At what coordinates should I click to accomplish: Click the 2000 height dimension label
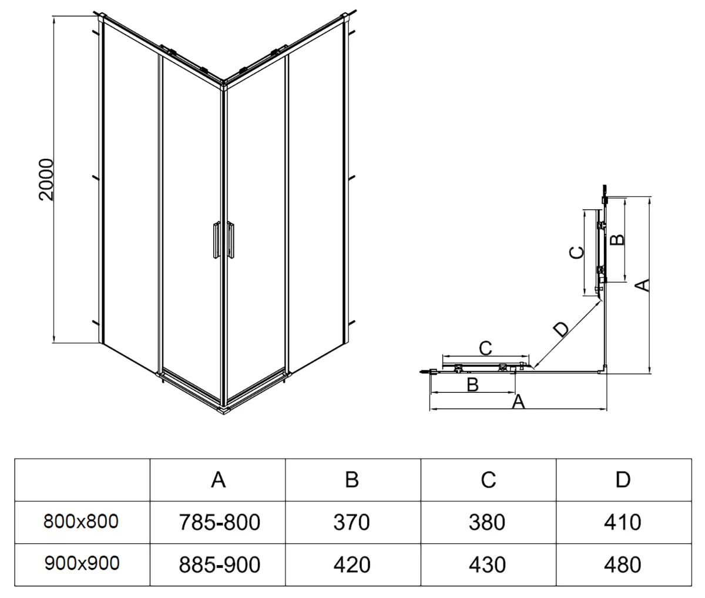click(46, 179)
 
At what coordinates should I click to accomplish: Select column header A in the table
click(218, 480)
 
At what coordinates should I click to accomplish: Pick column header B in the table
click(352, 480)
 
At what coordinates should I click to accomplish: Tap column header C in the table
click(488, 480)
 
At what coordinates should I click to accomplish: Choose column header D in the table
click(623, 480)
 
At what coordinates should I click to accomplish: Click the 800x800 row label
click(81, 521)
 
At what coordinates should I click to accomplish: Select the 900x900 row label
click(81, 563)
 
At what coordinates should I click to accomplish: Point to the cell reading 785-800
click(219, 522)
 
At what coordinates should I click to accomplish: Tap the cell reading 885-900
click(219, 564)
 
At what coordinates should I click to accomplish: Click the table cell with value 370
click(352, 522)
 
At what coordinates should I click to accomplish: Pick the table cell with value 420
click(352, 564)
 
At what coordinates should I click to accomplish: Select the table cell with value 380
click(488, 522)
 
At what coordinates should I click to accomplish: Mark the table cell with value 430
click(488, 564)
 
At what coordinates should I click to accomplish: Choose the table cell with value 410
click(623, 522)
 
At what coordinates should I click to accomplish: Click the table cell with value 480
click(623, 564)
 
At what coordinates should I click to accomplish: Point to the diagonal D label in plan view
click(562, 329)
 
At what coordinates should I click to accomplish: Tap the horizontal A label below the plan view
click(518, 402)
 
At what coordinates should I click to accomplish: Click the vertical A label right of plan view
click(644, 285)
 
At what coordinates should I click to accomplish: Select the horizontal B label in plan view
click(472, 385)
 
